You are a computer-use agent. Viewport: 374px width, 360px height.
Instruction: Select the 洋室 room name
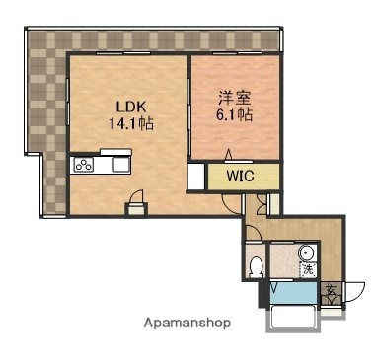click(234, 98)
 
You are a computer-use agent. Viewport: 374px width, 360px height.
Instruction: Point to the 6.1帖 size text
click(235, 115)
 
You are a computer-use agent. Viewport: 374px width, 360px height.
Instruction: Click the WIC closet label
click(240, 178)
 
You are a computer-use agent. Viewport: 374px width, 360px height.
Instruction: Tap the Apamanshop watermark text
click(187, 323)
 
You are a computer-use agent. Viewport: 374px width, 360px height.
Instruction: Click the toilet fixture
click(257, 265)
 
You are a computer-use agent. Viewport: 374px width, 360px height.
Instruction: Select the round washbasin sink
click(306, 252)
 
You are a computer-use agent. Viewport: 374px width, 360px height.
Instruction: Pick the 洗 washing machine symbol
click(307, 269)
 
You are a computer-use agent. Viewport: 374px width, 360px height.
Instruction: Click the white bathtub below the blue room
click(291, 318)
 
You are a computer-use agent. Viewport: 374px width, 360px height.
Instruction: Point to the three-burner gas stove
click(83, 165)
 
